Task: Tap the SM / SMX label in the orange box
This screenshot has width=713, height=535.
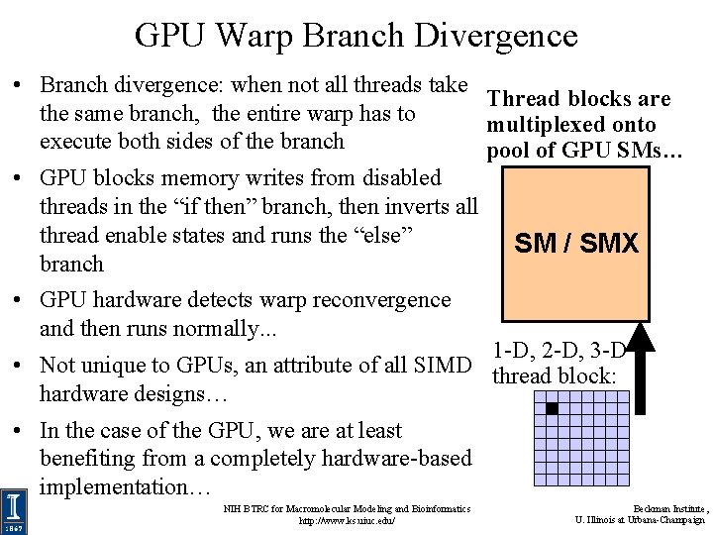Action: point(576,244)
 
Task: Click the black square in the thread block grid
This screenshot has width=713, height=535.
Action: point(553,408)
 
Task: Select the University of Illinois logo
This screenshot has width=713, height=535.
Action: point(14,510)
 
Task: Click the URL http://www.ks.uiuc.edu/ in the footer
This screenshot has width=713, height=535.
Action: point(347,520)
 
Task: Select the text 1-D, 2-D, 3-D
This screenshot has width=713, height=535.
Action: point(559,352)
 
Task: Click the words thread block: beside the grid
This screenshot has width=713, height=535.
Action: point(554,375)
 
